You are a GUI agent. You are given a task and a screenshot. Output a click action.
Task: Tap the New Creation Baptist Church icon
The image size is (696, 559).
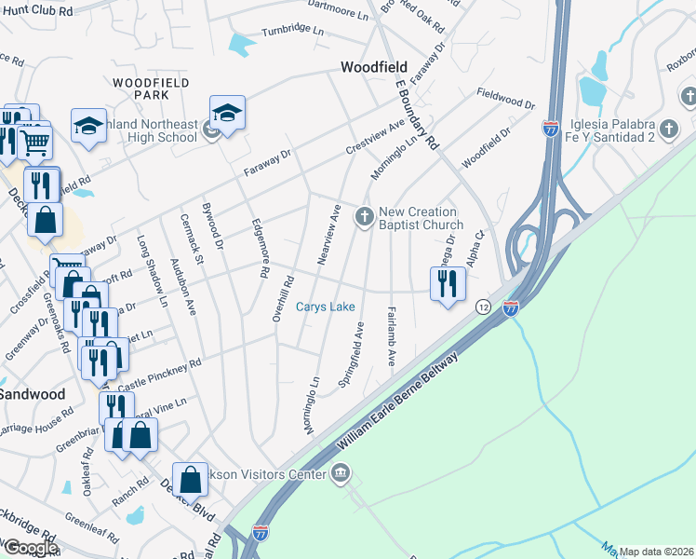click(365, 217)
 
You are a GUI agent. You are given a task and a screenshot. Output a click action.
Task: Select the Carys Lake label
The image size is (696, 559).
click(325, 307)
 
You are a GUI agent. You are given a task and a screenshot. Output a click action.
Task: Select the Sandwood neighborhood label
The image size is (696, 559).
click(33, 394)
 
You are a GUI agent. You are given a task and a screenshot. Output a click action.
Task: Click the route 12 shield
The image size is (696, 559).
click(483, 307)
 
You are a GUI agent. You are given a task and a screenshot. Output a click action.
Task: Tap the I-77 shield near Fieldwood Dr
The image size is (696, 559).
click(551, 129)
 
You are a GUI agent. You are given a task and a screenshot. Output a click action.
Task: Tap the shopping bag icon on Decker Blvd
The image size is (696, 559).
click(190, 479)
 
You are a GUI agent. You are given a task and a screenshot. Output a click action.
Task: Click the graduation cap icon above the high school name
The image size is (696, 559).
click(227, 112)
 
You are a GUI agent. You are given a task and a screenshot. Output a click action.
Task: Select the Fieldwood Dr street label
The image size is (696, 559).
click(505, 99)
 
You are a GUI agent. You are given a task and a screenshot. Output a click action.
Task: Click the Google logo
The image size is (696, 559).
click(30, 548)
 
